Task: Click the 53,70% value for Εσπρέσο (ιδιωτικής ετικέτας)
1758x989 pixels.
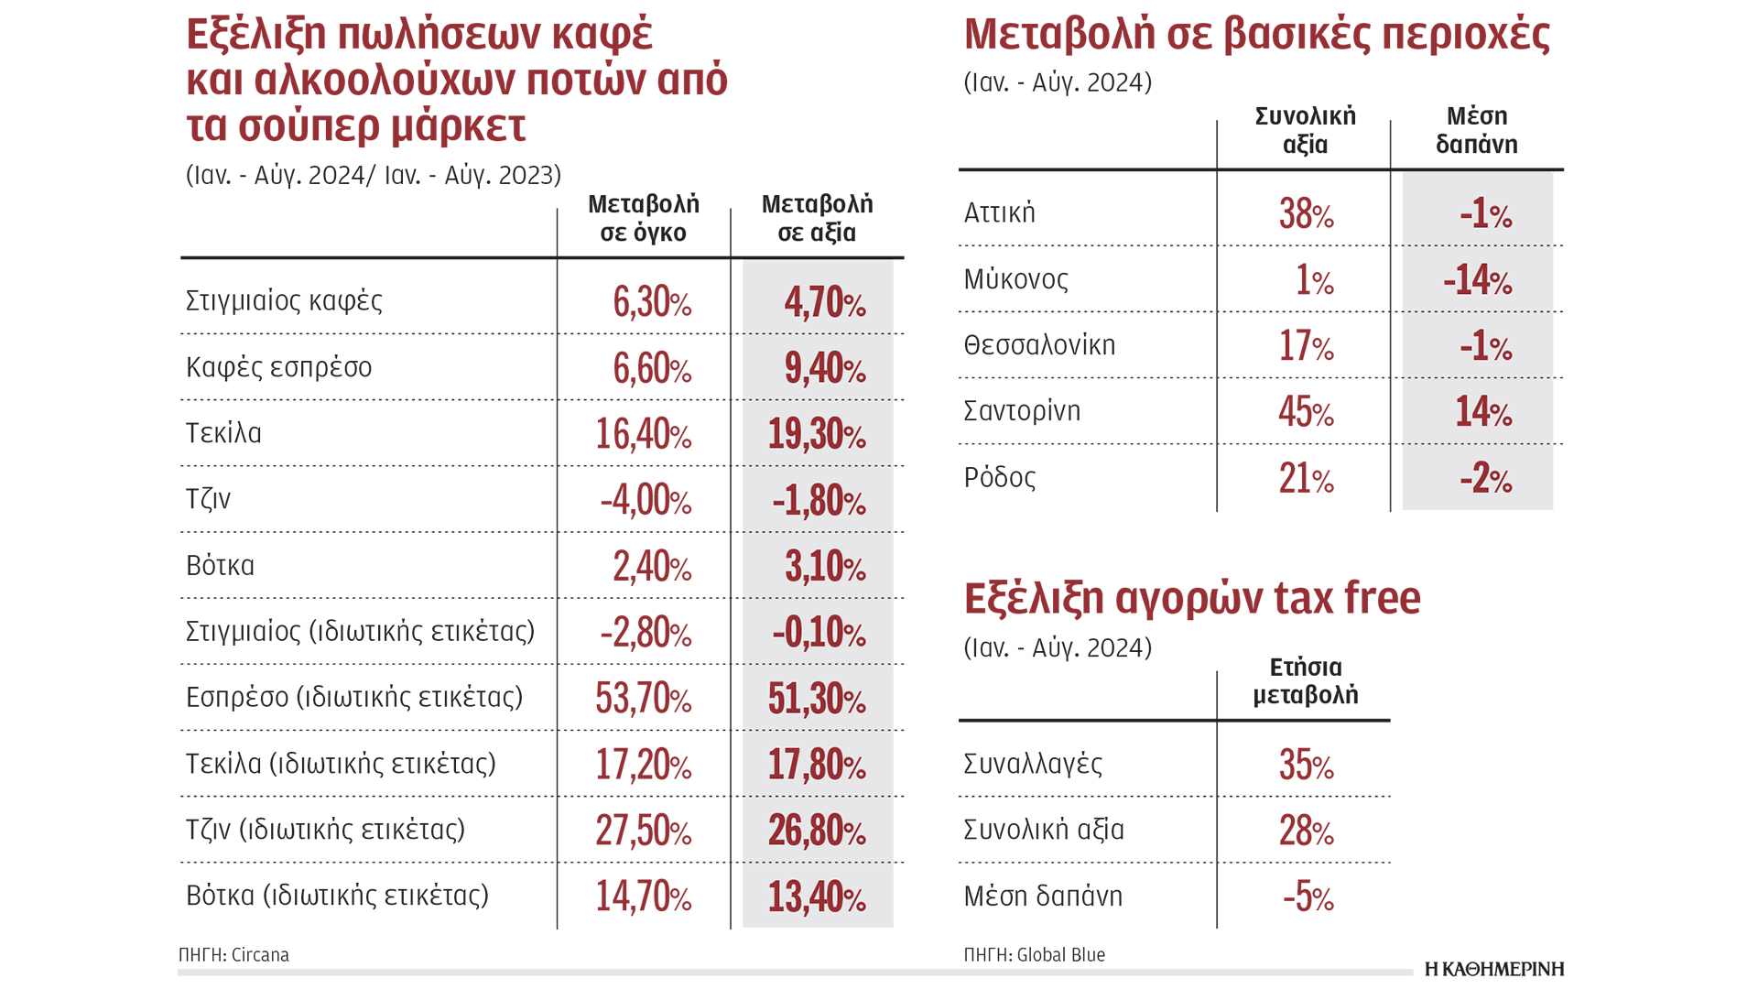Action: point(643,698)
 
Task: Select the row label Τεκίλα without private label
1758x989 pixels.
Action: point(223,432)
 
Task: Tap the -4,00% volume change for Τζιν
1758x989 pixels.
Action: point(646,500)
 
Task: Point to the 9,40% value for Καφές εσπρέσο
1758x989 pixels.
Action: point(824,368)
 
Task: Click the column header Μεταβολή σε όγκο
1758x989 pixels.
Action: point(643,218)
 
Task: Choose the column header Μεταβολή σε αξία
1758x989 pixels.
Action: point(817,218)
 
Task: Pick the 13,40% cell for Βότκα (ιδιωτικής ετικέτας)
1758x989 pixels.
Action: point(817,897)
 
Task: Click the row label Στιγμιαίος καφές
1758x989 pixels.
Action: point(284,300)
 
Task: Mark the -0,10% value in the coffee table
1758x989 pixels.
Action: point(819,632)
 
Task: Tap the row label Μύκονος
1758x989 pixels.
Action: point(1015,278)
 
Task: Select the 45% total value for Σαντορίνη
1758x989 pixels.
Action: point(1306,412)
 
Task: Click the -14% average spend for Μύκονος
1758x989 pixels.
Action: point(1477,279)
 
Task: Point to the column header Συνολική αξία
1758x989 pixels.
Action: point(1305,130)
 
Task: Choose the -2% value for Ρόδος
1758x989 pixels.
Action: point(1485,478)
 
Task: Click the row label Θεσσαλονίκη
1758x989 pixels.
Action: point(1039,345)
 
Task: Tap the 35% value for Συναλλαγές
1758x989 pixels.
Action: point(1306,765)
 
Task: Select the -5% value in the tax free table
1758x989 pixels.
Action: point(1308,897)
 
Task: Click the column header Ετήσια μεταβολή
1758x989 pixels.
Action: point(1305,680)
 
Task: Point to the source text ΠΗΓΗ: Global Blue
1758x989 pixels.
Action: point(1034,955)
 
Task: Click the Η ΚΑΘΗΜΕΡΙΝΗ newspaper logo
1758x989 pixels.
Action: point(1493,969)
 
